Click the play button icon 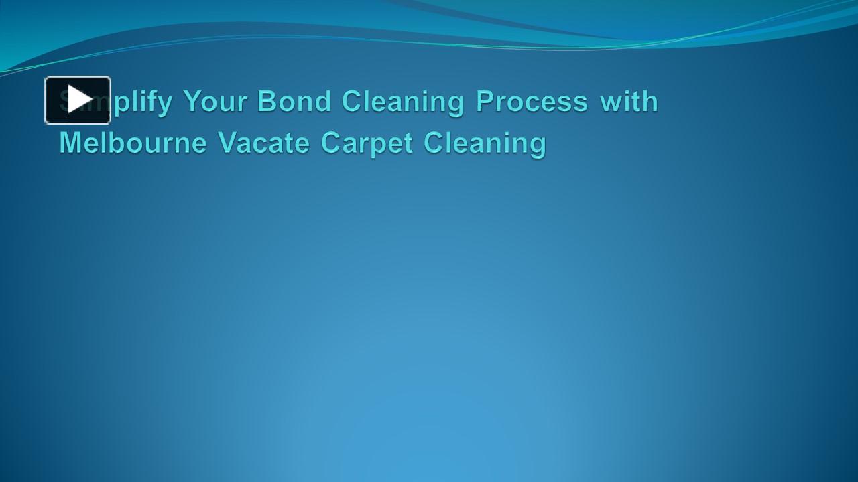point(78,100)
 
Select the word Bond point(294,102)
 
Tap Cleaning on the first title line point(403,102)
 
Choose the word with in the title point(629,102)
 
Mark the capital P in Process point(485,102)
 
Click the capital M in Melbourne point(70,143)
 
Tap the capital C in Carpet point(331,143)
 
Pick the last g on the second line point(538,146)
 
